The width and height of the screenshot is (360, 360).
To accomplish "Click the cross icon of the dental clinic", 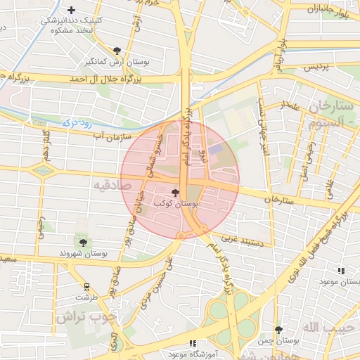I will point(71,10).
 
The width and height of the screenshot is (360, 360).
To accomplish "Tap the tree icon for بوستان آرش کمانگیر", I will point(116,51).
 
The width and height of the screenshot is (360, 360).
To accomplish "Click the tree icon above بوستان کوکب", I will point(174,192).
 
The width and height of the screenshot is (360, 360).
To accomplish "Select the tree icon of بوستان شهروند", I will point(83,243).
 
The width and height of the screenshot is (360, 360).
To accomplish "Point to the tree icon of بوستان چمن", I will point(278,329).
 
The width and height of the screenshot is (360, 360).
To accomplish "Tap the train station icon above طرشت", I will point(86,287).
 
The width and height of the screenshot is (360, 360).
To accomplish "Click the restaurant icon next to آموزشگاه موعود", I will point(192,344).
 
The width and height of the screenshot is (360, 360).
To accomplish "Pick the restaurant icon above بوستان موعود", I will point(341,271).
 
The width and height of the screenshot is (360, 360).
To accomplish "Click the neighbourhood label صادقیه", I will point(112,185).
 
